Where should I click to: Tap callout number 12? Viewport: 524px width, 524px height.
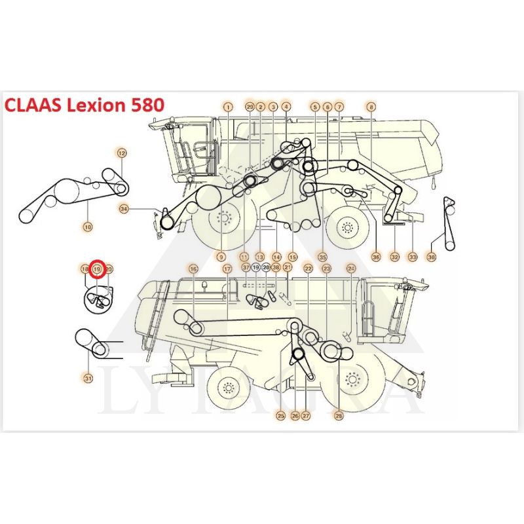tap(121, 153)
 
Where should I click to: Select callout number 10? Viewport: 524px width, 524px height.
tap(88, 227)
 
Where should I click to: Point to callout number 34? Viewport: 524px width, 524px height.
tap(124, 209)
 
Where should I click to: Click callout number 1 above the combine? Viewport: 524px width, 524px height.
tap(227, 106)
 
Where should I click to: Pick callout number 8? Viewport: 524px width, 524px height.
tap(371, 106)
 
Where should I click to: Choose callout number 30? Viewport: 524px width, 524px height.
tap(431, 257)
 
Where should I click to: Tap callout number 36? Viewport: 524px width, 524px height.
tap(376, 257)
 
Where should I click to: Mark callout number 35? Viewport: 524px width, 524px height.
tap(322, 257)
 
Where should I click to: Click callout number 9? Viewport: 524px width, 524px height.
tap(222, 257)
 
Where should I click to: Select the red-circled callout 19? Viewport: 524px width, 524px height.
tap(97, 269)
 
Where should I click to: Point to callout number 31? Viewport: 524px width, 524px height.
tap(88, 377)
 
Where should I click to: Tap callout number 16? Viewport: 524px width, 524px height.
tap(193, 269)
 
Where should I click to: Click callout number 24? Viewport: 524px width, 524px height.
tap(351, 269)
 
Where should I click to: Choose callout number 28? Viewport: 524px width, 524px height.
tap(339, 415)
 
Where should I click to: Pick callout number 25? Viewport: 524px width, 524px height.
tap(281, 415)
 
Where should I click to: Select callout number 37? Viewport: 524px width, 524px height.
tap(246, 267)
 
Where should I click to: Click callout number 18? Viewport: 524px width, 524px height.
tap(84, 269)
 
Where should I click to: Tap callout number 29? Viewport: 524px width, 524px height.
tap(249, 106)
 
